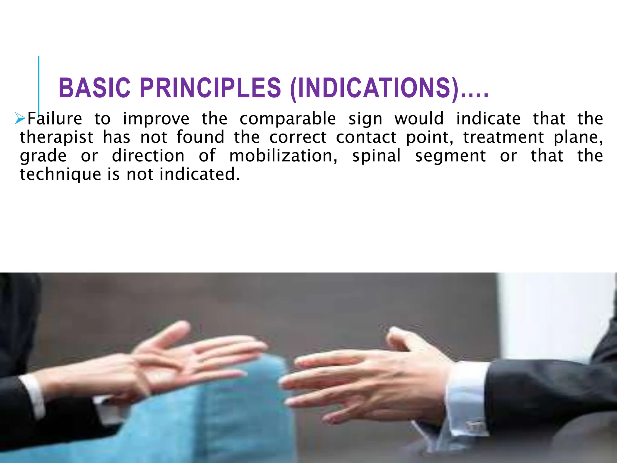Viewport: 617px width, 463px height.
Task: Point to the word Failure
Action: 55,118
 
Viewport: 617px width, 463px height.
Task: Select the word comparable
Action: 287,118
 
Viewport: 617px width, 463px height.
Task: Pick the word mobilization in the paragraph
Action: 283,156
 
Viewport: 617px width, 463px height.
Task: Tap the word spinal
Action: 376,156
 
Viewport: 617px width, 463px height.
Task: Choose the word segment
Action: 450,156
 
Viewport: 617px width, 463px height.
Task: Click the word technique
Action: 60,175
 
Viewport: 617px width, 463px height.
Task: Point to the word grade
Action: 43,156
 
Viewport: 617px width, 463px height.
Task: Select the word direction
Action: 148,156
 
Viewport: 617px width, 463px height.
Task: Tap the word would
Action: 419,118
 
